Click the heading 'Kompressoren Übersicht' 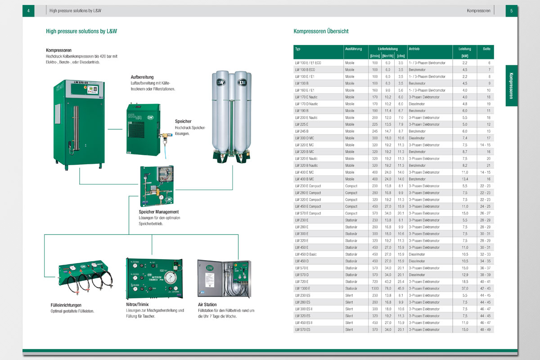point(321,31)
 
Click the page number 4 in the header point(28,10)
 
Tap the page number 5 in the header point(512,10)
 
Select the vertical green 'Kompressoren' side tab point(512,85)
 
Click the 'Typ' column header point(298,49)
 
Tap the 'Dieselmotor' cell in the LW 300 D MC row point(417,138)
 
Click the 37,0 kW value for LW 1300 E point(465,288)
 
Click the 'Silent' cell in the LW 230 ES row point(349,295)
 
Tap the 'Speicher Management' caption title point(159,211)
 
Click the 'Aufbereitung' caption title point(142,77)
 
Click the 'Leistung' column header point(465,49)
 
